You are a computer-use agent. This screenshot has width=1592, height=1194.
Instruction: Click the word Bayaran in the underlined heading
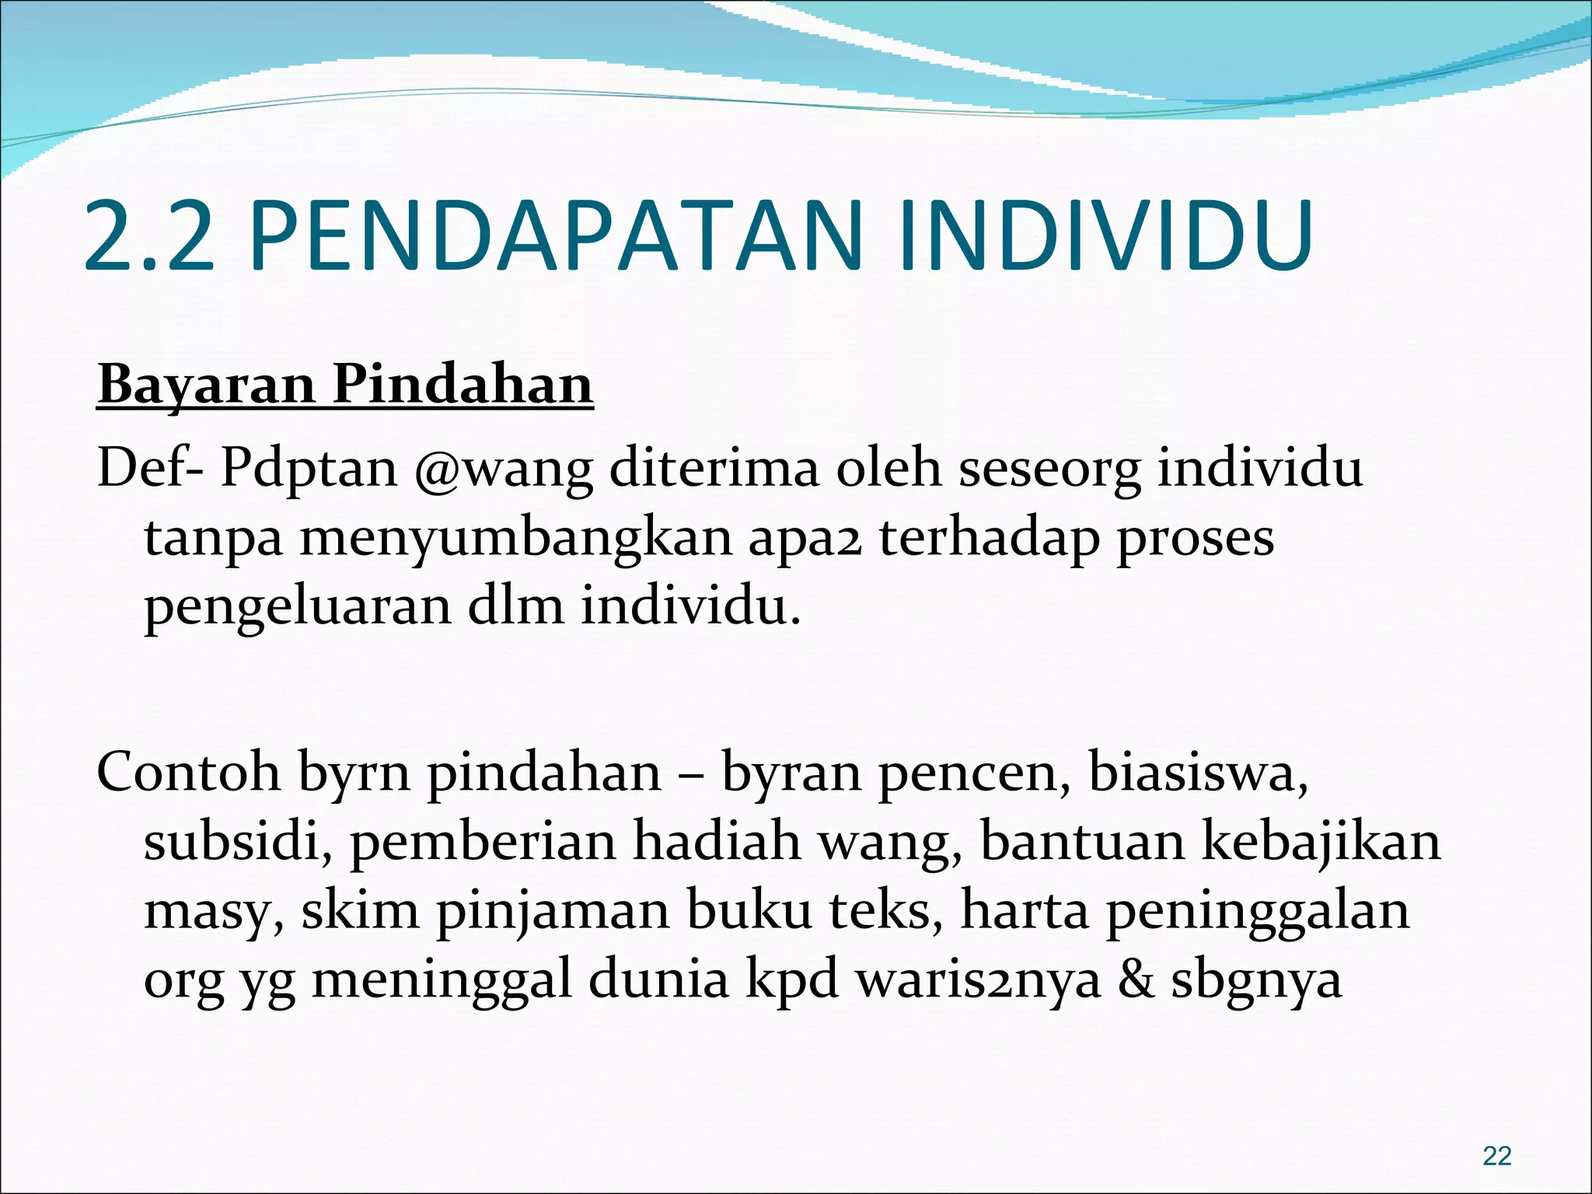click(x=206, y=385)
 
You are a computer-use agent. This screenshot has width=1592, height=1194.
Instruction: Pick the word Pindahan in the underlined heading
click(x=463, y=385)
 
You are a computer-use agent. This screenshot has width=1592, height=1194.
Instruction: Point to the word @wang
click(x=504, y=469)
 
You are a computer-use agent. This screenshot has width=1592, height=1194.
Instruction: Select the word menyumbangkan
click(x=516, y=538)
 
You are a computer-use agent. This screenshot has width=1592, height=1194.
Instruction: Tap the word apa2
click(x=805, y=538)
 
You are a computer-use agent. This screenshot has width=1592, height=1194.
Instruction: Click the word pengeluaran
click(x=298, y=608)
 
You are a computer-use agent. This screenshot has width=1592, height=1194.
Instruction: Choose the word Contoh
click(x=188, y=773)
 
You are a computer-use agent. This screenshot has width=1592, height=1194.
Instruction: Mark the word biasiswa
click(x=1198, y=773)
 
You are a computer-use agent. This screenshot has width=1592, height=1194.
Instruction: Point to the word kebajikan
click(x=1321, y=842)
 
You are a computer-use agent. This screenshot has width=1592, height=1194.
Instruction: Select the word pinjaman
click(x=552, y=911)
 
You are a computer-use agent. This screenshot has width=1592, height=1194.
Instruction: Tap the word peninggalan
click(x=1257, y=911)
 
